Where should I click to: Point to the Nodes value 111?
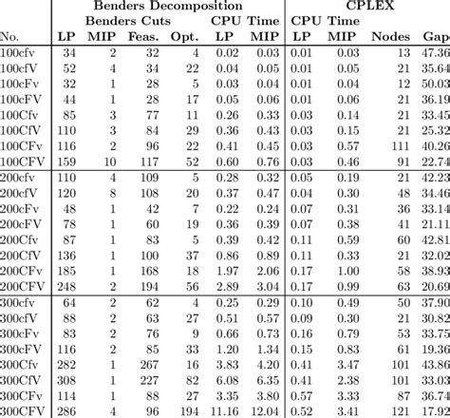(x=398, y=146)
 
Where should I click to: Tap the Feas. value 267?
(x=147, y=363)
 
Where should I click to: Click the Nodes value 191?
(x=398, y=409)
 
